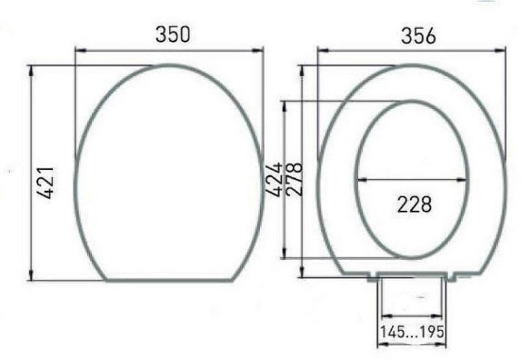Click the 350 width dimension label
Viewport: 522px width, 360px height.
point(173,34)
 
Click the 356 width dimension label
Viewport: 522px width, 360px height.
point(418,36)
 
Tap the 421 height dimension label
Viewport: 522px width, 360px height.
point(45,182)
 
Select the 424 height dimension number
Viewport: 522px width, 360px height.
point(274,180)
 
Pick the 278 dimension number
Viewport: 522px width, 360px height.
point(294,179)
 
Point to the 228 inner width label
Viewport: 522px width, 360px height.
point(415,205)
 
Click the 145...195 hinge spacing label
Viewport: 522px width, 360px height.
point(412,331)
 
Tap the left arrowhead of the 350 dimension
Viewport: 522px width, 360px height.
point(81,51)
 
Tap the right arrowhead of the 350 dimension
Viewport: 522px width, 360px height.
point(258,51)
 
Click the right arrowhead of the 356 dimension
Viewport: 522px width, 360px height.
point(500,51)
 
